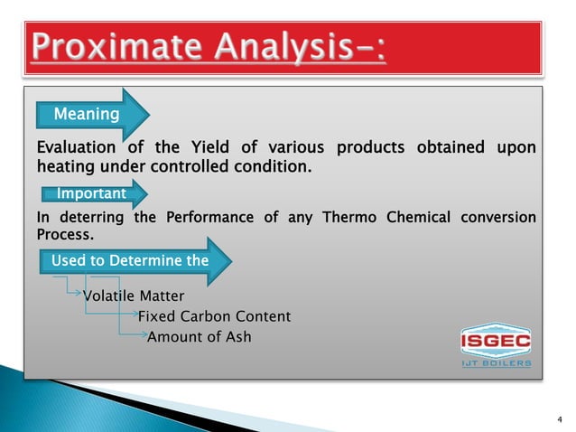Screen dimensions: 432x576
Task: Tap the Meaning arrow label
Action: (x=87, y=115)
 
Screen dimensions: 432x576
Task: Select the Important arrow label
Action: (x=91, y=193)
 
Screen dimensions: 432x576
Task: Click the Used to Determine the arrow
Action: (x=131, y=261)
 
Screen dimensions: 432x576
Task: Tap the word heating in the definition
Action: (x=66, y=167)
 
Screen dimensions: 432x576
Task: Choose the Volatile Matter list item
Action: (x=134, y=296)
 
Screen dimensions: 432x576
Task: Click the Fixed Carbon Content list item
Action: (x=214, y=316)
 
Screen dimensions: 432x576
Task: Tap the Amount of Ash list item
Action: (x=199, y=337)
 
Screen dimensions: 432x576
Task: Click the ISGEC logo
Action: (x=496, y=341)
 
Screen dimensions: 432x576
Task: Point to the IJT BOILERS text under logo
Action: (x=496, y=364)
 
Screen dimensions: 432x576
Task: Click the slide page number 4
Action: (x=559, y=418)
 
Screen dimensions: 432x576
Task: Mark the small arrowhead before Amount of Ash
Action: (x=142, y=337)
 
